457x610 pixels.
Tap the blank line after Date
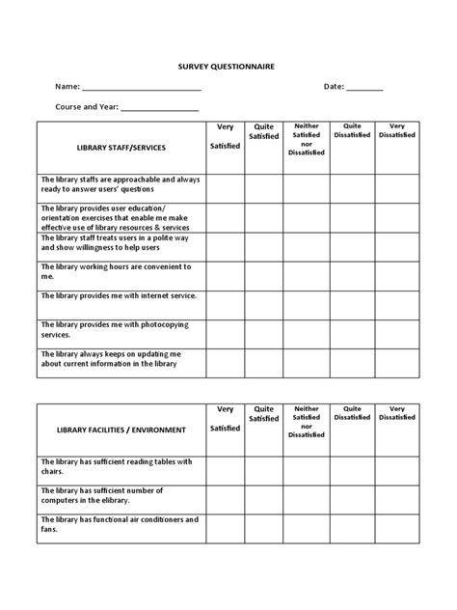click(364, 88)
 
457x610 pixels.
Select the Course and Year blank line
click(159, 109)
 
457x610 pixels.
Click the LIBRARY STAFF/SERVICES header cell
click(121, 148)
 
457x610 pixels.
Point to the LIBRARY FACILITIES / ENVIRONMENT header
click(121, 430)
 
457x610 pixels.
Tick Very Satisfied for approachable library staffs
click(225, 188)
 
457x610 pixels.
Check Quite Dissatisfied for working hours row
click(352, 275)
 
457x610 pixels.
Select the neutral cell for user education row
click(307, 217)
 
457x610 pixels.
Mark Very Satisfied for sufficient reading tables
click(225, 470)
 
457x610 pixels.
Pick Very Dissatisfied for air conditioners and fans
click(396, 528)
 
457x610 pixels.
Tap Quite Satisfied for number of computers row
click(263, 499)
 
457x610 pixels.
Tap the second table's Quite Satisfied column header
click(263, 413)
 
